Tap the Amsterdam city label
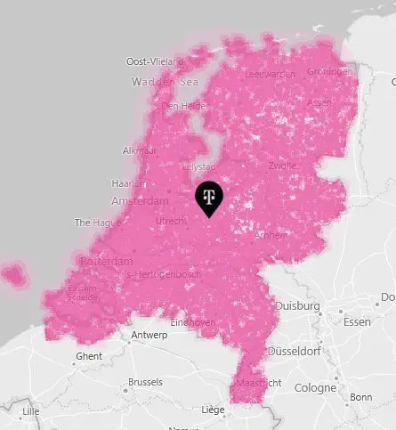point(139,201)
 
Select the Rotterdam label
point(106,262)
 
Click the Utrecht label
point(169,219)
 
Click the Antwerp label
point(149,336)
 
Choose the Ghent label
point(89,356)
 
